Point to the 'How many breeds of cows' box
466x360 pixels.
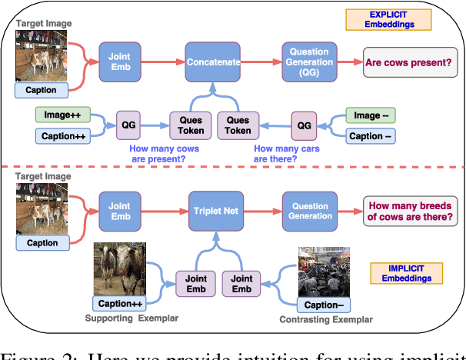411,210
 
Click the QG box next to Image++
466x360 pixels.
127,125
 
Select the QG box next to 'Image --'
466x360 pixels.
304,125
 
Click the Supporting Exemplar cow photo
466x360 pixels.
119,269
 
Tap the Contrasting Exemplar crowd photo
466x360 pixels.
324,271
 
